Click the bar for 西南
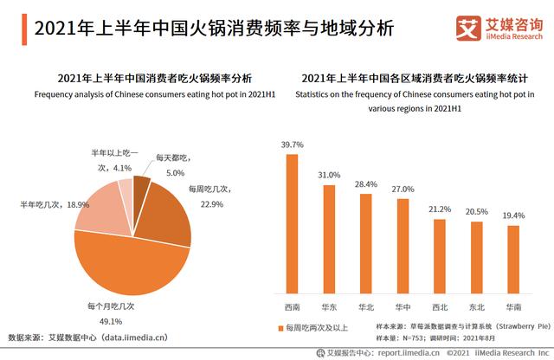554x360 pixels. click(x=292, y=224)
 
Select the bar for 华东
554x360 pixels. click(x=329, y=237)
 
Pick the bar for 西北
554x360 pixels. click(x=440, y=254)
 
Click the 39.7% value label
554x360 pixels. click(x=292, y=145)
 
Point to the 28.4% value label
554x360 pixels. click(x=366, y=184)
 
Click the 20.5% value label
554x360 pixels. click(x=476, y=211)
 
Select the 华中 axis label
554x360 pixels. click(x=403, y=305)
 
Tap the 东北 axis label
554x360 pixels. click(x=476, y=305)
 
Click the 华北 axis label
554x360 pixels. click(x=366, y=305)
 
